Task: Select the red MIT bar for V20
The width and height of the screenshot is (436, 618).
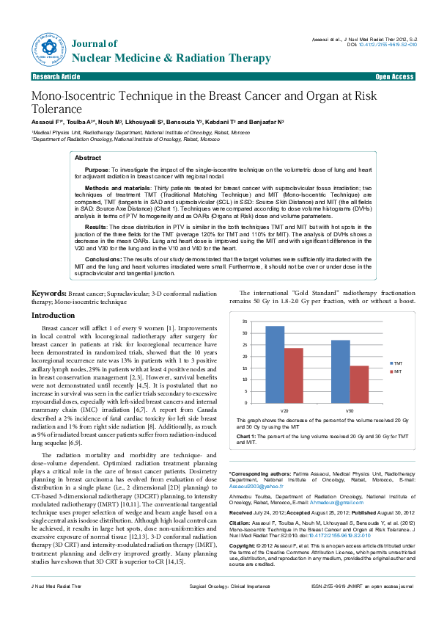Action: pos(293,375)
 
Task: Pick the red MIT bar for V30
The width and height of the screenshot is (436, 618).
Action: pos(359,384)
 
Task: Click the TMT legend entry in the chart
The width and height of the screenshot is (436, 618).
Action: pos(397,363)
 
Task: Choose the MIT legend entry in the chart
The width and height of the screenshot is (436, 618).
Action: pos(396,372)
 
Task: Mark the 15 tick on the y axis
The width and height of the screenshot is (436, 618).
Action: pos(246,364)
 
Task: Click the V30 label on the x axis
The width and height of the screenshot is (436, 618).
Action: pos(350,410)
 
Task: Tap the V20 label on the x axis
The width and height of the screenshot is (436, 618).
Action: pos(284,410)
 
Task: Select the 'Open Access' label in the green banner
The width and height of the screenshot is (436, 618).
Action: pos(394,77)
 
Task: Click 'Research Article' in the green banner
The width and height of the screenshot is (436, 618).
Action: pos(56,77)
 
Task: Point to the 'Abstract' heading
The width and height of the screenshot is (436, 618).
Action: pos(89,158)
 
